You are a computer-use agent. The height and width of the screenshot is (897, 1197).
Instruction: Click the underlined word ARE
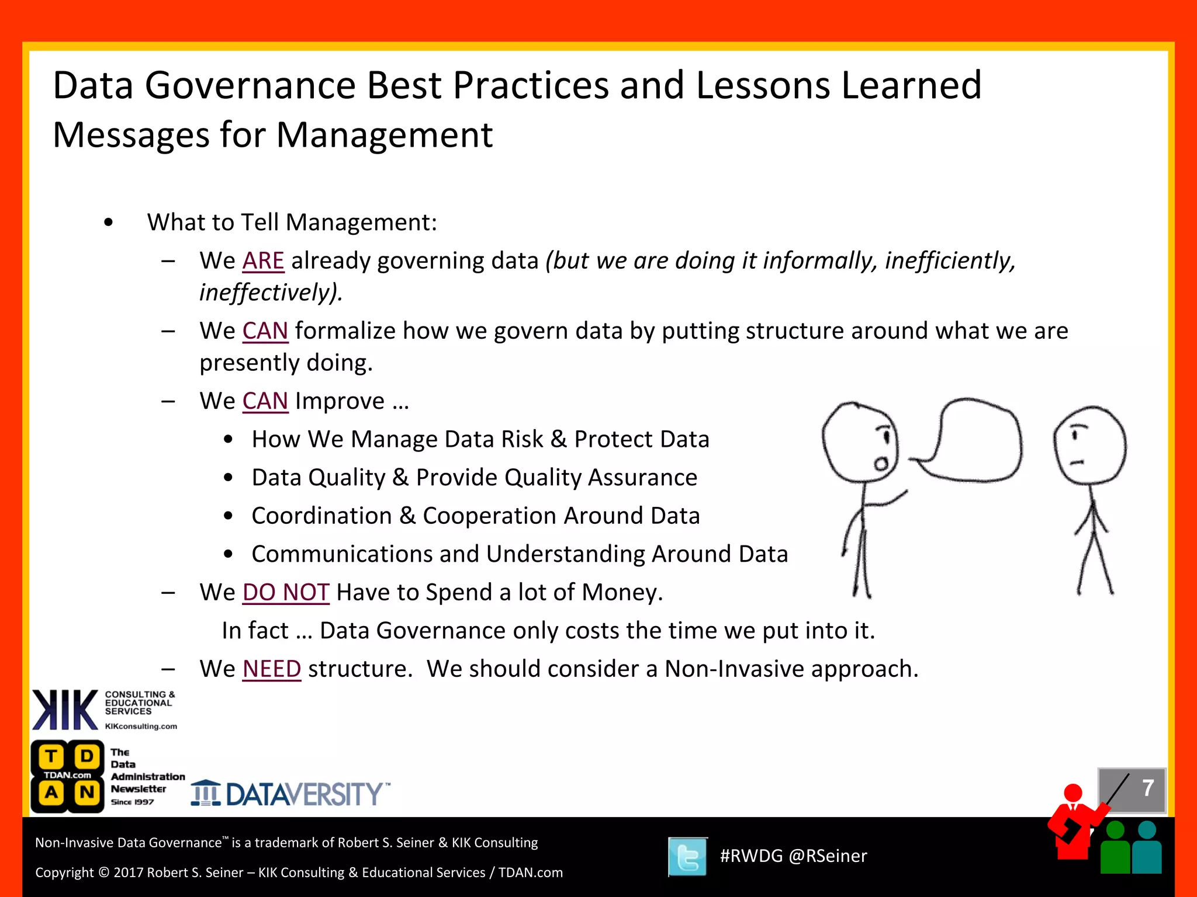click(263, 261)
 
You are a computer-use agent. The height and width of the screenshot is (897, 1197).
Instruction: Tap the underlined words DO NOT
click(286, 593)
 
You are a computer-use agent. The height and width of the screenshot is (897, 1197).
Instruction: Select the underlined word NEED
click(272, 669)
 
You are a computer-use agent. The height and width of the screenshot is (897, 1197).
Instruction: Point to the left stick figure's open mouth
click(881, 464)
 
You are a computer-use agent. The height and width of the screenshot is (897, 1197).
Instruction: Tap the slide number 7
click(1147, 788)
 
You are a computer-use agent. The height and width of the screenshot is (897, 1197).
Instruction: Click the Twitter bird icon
click(687, 857)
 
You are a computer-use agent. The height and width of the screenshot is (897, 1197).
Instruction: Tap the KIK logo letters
click(65, 710)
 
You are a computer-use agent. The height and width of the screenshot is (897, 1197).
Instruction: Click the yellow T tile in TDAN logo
click(51, 756)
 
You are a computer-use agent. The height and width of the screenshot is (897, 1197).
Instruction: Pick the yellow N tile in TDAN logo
click(87, 792)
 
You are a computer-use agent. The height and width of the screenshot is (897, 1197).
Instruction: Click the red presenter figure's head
click(1073, 792)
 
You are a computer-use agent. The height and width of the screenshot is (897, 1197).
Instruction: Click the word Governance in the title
click(250, 86)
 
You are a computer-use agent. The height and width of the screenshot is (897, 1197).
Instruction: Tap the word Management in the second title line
click(384, 135)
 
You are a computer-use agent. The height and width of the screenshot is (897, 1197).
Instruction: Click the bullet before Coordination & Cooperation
click(229, 516)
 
